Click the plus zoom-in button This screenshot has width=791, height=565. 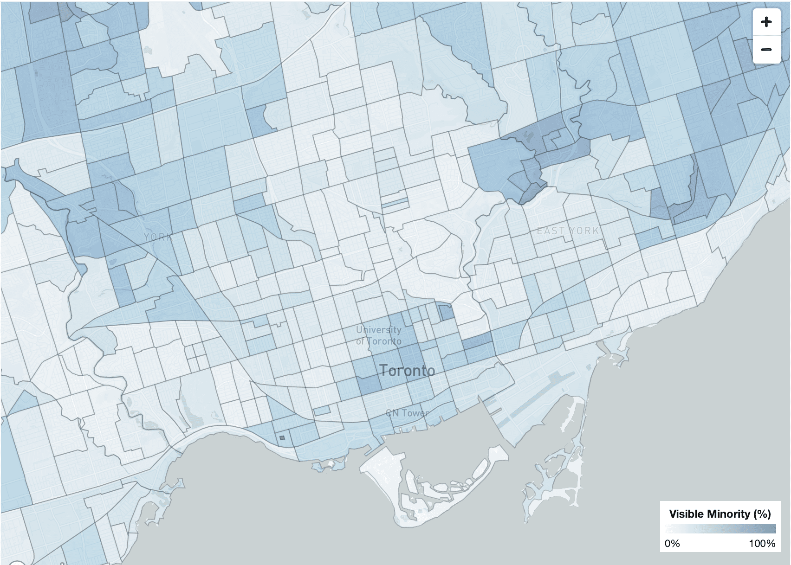766,22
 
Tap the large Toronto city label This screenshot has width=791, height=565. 407,371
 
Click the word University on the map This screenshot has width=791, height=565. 378,330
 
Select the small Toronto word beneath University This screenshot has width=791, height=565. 385,341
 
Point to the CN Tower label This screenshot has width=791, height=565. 407,413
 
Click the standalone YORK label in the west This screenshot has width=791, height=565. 158,237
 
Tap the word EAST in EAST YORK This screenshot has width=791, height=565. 551,231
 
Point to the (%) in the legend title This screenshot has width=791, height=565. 762,514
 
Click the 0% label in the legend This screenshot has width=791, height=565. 672,543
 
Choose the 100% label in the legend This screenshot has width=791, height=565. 762,543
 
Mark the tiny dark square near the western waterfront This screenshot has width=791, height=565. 282,437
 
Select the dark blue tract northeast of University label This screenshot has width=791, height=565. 446,312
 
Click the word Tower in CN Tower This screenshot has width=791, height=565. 414,413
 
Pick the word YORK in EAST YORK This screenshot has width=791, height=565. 584,231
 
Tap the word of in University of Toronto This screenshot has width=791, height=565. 360,341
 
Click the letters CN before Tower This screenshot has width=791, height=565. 392,413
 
